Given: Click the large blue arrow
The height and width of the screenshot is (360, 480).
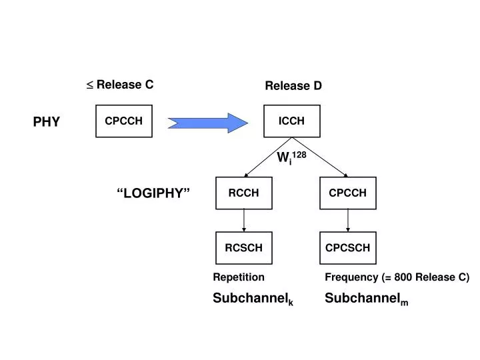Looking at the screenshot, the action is pyautogui.click(x=208, y=123).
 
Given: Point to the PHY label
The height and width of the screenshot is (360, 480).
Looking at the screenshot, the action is pyautogui.click(x=47, y=122).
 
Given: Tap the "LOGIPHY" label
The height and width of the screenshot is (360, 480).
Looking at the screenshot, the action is pyautogui.click(x=153, y=193).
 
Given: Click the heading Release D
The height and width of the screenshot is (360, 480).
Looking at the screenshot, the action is pyautogui.click(x=293, y=86).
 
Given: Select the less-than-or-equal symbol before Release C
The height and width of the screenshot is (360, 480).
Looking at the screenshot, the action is pyautogui.click(x=90, y=85).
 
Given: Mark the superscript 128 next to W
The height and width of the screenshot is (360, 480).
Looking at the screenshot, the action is pyautogui.click(x=299, y=155).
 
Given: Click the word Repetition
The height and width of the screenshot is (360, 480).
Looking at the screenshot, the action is pyautogui.click(x=239, y=277).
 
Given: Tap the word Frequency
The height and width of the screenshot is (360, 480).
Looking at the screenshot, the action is pyautogui.click(x=351, y=277).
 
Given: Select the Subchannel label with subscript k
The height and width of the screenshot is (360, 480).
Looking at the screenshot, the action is pyautogui.click(x=253, y=299).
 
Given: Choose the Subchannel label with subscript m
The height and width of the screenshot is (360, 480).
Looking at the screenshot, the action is pyautogui.click(x=367, y=299).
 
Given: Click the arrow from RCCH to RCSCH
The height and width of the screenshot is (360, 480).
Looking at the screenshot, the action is pyautogui.click(x=244, y=221).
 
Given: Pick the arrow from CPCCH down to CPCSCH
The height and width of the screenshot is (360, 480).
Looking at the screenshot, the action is pyautogui.click(x=348, y=221).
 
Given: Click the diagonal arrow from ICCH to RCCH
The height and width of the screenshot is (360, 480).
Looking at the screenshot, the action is pyautogui.click(x=268, y=157).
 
